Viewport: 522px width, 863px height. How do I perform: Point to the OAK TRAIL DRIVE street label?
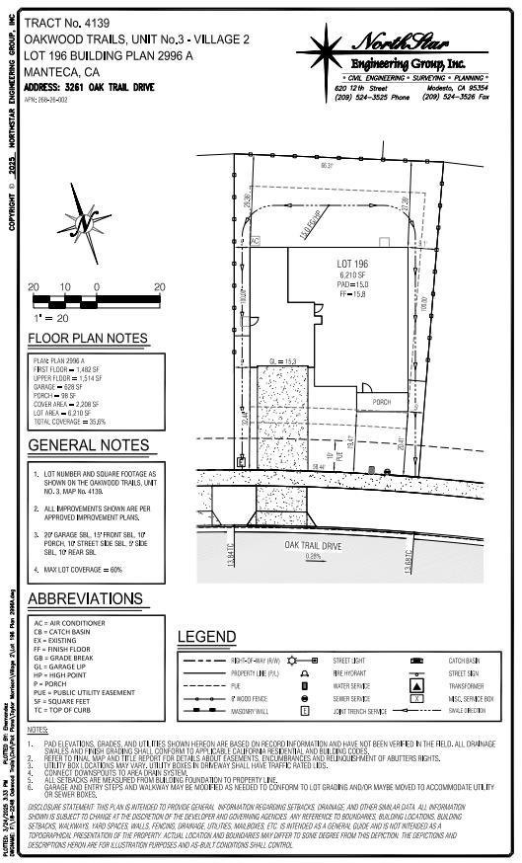[313, 544]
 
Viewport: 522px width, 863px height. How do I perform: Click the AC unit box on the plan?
[254, 240]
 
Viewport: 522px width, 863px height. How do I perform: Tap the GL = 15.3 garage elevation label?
[284, 362]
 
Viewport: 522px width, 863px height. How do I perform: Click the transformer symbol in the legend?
[417, 685]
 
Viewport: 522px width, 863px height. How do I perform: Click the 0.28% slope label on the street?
[314, 556]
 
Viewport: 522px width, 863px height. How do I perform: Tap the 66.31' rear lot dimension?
[327, 165]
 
